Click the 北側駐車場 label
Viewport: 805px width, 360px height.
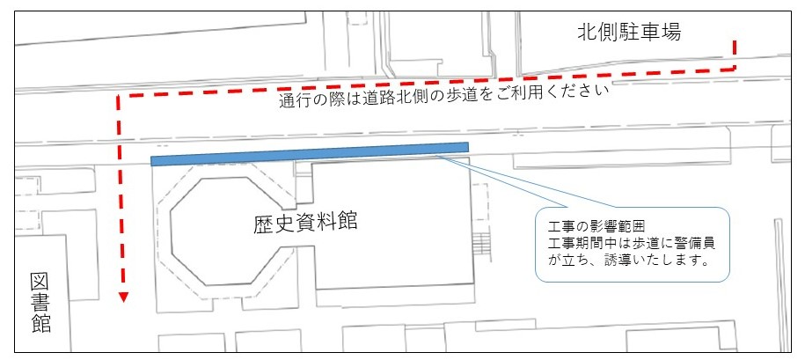628,33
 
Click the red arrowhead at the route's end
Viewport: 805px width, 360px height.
124,297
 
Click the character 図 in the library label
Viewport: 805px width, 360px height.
40,281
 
